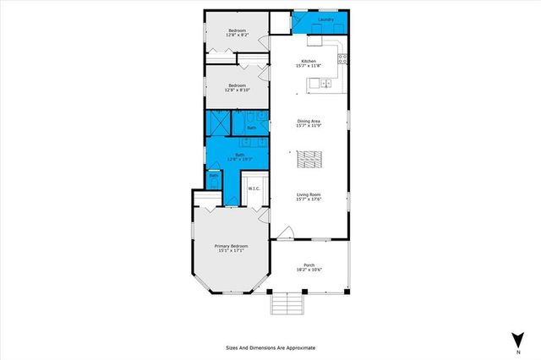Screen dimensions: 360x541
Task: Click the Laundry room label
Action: pos(325,19)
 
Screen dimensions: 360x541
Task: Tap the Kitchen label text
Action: pos(309,61)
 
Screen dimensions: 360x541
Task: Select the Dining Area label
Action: pos(309,121)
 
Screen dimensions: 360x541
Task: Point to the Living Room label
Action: pos(309,194)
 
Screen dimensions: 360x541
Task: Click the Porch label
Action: pos(309,265)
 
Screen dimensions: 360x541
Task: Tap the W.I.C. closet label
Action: pos(253,188)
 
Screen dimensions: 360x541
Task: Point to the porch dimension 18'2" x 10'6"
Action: pos(309,270)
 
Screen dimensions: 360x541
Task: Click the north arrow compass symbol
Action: pos(516,341)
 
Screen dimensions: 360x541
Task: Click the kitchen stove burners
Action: pos(342,58)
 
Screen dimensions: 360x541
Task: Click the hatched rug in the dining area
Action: pos(309,158)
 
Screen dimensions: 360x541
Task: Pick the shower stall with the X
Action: pos(217,123)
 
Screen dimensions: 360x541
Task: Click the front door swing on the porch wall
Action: pos(286,232)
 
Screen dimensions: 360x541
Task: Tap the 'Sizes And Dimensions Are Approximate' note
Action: pos(270,346)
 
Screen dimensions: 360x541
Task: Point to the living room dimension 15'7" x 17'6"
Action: pos(309,199)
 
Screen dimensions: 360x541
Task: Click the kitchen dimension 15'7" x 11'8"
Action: pos(309,66)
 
